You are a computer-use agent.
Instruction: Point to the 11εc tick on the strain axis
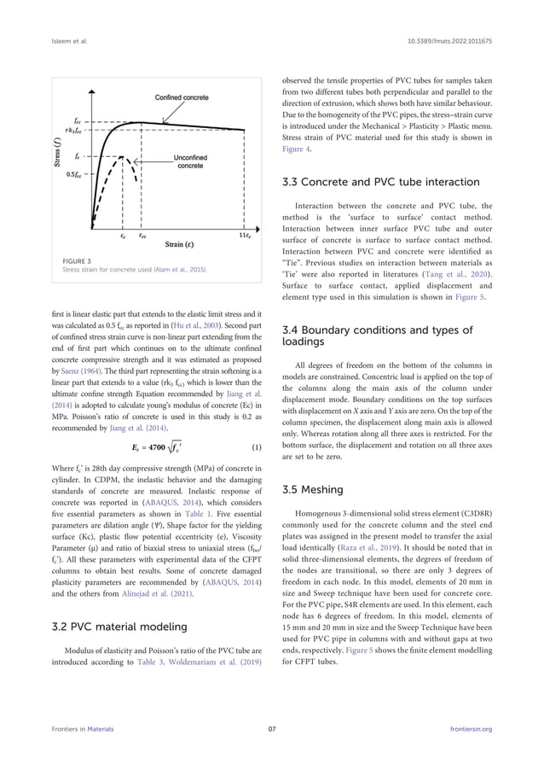(x=244, y=234)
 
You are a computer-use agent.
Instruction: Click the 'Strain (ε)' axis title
(x=183, y=246)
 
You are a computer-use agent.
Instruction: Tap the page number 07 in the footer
(x=271, y=751)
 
